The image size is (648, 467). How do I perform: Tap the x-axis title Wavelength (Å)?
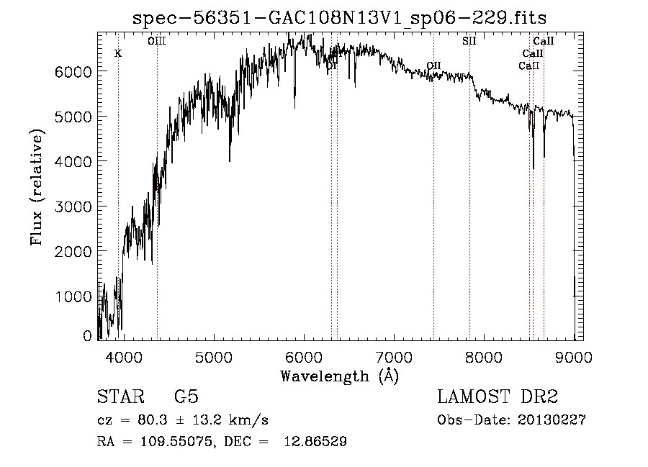(x=339, y=376)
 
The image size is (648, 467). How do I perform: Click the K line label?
(x=118, y=53)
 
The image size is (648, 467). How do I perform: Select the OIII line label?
(x=157, y=41)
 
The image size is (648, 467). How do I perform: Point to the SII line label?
(x=469, y=41)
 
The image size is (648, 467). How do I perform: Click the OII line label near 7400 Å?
(x=433, y=65)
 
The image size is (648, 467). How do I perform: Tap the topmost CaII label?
(x=543, y=41)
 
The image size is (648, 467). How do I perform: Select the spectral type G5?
(x=186, y=397)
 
